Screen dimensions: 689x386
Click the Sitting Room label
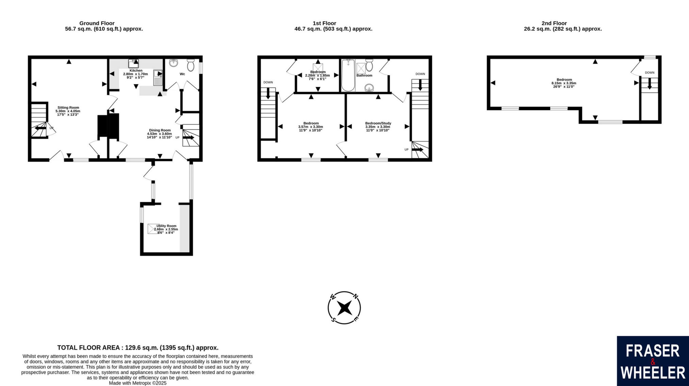click(x=68, y=108)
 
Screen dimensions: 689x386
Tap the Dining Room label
click(x=160, y=130)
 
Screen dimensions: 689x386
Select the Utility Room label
click(x=166, y=226)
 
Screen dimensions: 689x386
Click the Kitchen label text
click(x=136, y=71)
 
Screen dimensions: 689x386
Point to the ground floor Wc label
click(x=182, y=74)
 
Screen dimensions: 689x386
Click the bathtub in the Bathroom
click(x=348, y=75)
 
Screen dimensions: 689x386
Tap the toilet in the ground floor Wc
click(x=191, y=65)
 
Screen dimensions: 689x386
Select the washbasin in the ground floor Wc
click(x=174, y=63)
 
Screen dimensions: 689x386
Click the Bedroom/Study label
click(x=378, y=123)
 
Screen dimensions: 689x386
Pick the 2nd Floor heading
click(x=554, y=23)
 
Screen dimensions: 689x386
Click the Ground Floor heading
click(x=97, y=23)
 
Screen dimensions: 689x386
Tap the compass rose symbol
click(x=344, y=308)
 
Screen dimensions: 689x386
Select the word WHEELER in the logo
click(x=653, y=373)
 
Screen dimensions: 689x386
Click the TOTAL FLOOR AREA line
click(x=138, y=348)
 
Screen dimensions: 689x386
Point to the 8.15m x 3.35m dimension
click(x=564, y=83)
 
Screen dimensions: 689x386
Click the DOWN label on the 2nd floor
click(x=650, y=72)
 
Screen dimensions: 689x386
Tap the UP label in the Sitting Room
click(x=52, y=128)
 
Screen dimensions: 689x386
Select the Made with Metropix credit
click(x=138, y=383)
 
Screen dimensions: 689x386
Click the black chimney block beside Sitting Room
click(x=108, y=127)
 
